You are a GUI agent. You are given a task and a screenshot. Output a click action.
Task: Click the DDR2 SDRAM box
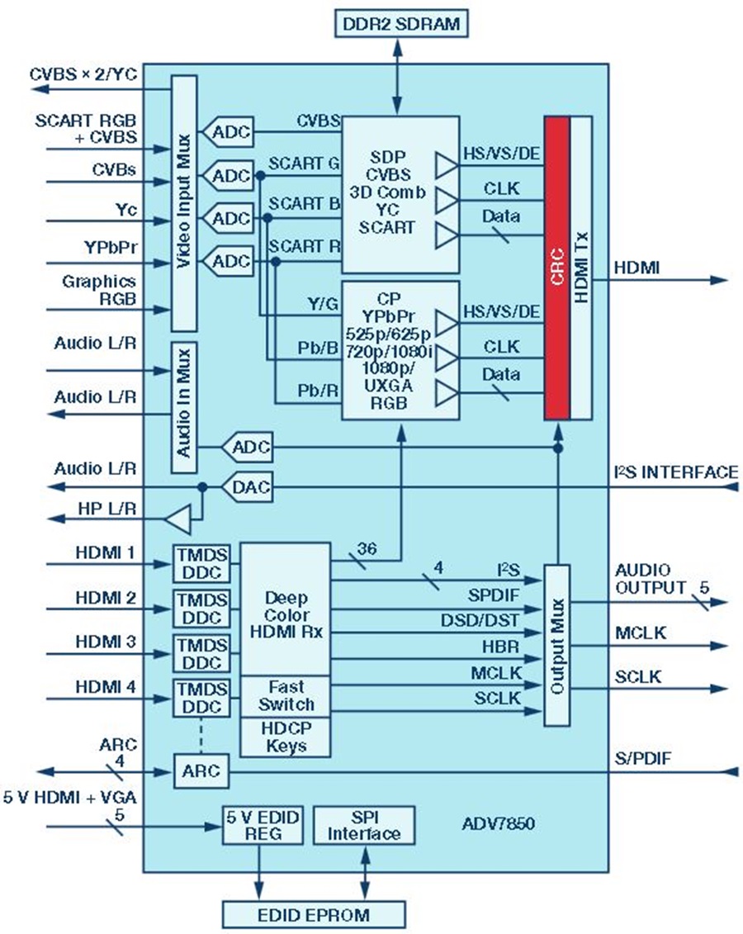tap(401, 24)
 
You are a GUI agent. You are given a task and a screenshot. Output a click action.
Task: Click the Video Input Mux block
tap(183, 203)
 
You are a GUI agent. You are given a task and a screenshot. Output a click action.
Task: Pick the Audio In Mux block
tap(183, 406)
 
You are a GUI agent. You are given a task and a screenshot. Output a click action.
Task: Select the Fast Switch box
tap(285, 695)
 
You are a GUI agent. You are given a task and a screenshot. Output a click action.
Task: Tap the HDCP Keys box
tap(285, 737)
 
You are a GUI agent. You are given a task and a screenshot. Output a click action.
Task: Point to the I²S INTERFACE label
tap(676, 472)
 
